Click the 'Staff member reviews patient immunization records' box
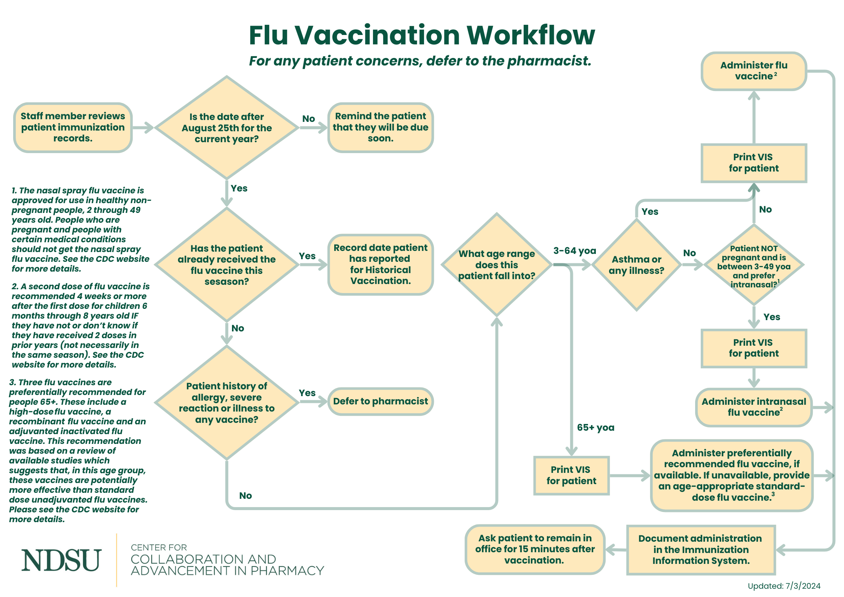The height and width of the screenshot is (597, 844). [x=73, y=128]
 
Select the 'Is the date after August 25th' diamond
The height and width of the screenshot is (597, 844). [x=226, y=128]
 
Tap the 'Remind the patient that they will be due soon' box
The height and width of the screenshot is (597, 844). [x=380, y=128]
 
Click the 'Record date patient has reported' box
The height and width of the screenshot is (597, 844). [x=380, y=264]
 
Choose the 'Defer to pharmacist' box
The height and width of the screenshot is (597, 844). [x=380, y=401]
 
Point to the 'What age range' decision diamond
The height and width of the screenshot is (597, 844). [x=496, y=265]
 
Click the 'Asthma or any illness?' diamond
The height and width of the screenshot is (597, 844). [x=636, y=265]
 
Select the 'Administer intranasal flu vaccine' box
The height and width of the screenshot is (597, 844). [x=753, y=407]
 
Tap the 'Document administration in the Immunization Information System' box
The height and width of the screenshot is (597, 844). [x=701, y=550]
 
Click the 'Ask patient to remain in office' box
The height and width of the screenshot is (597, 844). [x=535, y=549]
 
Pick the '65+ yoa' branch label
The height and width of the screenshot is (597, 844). [x=595, y=428]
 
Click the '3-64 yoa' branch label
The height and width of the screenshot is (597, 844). [x=574, y=251]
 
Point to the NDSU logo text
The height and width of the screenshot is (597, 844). [x=61, y=560]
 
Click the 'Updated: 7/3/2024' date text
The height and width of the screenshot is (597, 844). [x=784, y=586]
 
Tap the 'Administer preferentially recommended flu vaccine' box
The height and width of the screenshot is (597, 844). [x=732, y=475]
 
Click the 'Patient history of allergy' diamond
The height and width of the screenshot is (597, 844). [x=226, y=403]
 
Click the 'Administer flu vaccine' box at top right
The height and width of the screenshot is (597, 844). [x=754, y=71]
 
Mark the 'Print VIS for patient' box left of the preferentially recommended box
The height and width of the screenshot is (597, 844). [x=571, y=475]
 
